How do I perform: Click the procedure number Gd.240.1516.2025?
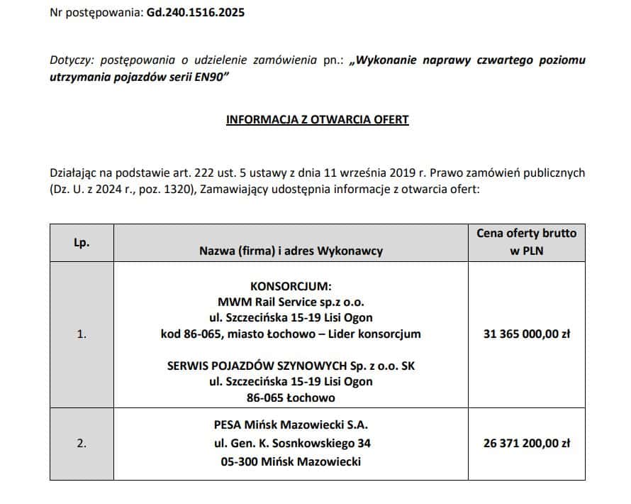(x=196, y=13)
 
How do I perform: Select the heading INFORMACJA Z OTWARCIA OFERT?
(x=317, y=119)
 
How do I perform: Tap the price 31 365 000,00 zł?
(x=526, y=334)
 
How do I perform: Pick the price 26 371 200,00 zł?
(x=526, y=443)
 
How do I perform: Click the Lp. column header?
(x=82, y=242)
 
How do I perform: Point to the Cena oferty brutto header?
(x=526, y=234)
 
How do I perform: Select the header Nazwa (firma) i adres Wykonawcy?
(x=291, y=251)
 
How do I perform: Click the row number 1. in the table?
(x=82, y=334)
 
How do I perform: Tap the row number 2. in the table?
(x=82, y=443)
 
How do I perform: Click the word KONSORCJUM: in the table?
(x=291, y=286)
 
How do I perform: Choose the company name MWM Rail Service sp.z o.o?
(x=291, y=302)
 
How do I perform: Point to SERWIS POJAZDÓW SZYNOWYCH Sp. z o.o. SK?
(x=291, y=366)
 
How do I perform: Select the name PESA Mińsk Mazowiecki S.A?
(x=291, y=426)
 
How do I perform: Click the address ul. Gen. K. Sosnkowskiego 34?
(x=291, y=444)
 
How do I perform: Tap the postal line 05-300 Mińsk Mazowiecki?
(x=291, y=461)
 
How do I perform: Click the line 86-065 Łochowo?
(x=291, y=398)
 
